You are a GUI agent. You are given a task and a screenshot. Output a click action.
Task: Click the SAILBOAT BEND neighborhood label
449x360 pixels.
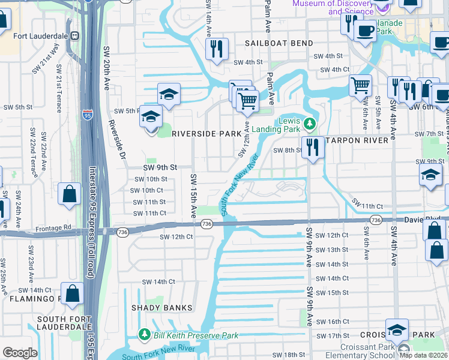(279, 43)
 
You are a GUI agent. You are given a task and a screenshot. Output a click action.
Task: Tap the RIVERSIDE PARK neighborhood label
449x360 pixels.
(202, 134)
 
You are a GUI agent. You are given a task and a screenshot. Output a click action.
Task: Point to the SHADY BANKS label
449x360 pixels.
(162, 308)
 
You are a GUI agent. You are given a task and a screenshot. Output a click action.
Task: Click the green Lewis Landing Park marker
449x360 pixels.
(310, 124)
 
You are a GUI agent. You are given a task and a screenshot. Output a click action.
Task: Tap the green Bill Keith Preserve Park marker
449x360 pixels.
(144, 334)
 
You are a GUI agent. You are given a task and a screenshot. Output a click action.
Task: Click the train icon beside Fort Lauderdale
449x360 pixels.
(75, 35)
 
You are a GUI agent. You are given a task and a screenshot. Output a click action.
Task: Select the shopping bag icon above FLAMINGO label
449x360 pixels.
(72, 294)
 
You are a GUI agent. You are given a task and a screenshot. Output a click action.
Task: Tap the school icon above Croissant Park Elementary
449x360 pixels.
(397, 330)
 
